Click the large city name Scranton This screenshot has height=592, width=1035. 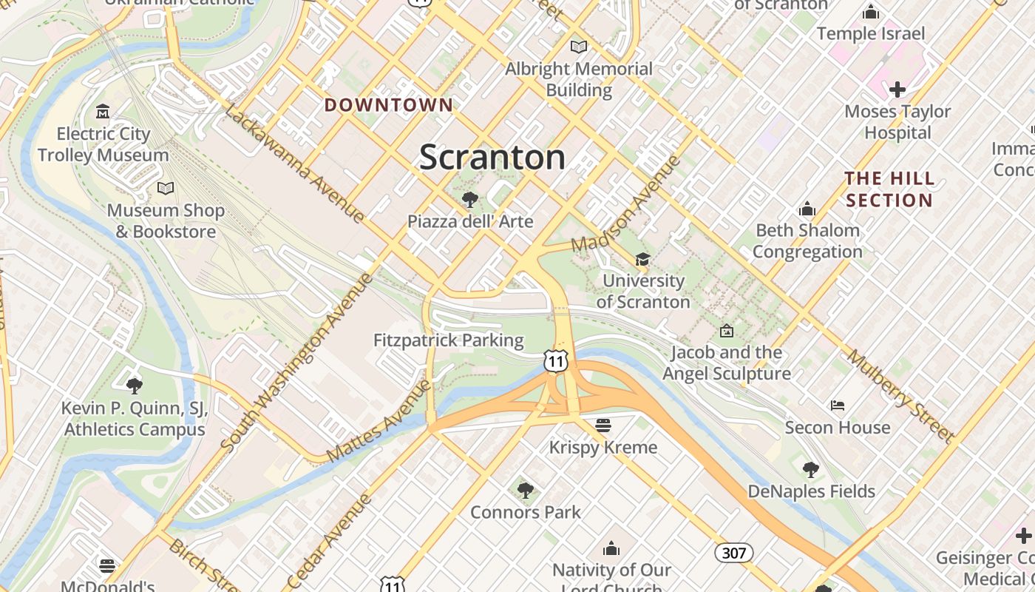coord(492,158)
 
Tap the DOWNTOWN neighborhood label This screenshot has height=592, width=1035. coord(388,105)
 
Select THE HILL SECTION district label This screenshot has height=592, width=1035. coord(889,189)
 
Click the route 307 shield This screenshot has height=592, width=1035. coord(733,552)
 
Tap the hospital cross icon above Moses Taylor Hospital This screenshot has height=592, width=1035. coord(897,90)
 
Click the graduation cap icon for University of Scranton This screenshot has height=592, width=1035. coord(642,259)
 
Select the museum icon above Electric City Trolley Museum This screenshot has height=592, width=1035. coord(103,112)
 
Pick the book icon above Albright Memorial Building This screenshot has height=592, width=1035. coord(578,47)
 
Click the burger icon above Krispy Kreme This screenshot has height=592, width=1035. coord(603,425)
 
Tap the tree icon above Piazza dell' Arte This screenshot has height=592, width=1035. coord(469,199)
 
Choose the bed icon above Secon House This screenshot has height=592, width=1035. coord(837,406)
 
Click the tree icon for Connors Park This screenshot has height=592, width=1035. coord(525,489)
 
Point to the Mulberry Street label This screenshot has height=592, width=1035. coord(900,396)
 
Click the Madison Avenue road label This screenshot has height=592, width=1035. coord(626,203)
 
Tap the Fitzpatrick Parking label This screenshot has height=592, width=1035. coord(448,340)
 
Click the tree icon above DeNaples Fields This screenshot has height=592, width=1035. coord(811,469)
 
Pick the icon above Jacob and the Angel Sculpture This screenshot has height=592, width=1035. coord(726,331)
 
